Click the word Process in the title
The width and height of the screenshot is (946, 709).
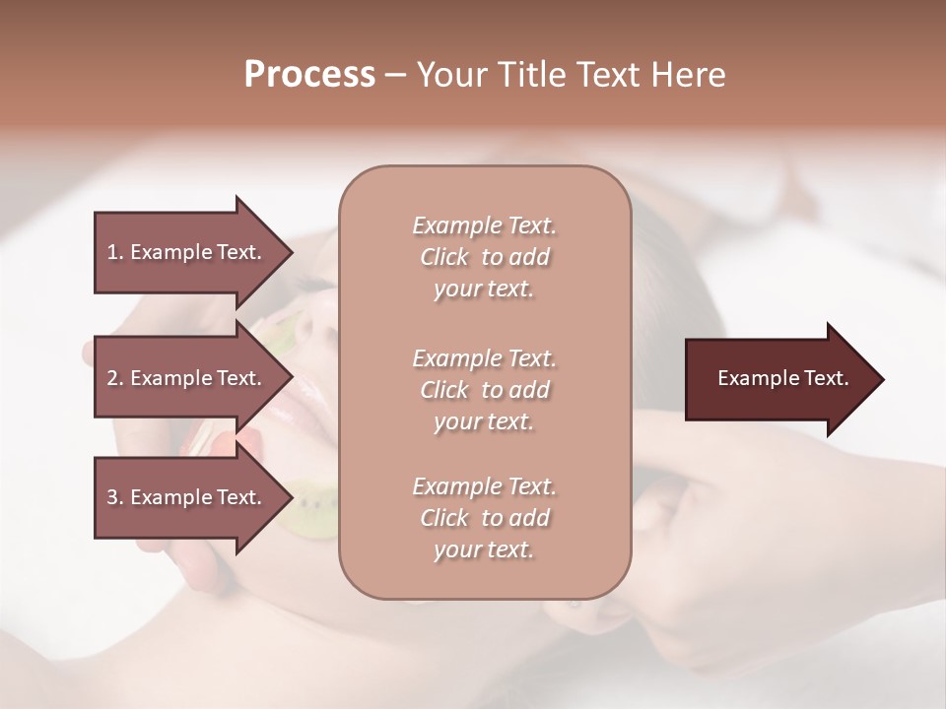point(309,75)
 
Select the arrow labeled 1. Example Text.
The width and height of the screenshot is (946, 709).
point(187,252)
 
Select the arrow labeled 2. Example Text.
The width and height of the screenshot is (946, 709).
point(187,378)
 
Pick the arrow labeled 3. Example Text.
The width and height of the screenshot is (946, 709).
point(187,497)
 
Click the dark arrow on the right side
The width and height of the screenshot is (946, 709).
point(778,379)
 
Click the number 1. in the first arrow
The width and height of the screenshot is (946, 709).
point(114,252)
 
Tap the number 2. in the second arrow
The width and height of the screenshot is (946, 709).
point(114,378)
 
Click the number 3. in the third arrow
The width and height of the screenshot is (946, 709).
point(114,497)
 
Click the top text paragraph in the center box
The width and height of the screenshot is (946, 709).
point(484,257)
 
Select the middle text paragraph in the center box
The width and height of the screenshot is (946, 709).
point(484,390)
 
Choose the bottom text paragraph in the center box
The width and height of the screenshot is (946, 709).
point(484,518)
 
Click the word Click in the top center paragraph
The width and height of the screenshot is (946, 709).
point(444,257)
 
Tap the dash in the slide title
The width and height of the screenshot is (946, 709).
point(395,75)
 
